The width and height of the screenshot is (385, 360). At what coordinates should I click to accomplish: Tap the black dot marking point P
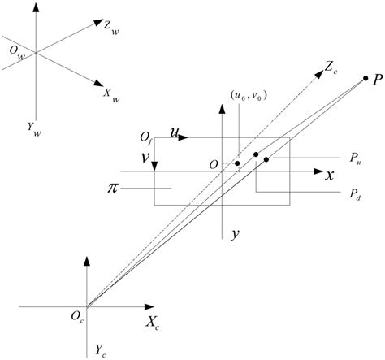click(x=366, y=79)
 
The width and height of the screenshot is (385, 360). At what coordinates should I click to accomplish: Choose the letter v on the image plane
click(x=143, y=160)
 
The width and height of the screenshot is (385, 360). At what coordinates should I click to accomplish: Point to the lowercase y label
click(x=234, y=233)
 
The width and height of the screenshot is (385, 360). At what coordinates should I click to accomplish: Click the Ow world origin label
click(x=16, y=53)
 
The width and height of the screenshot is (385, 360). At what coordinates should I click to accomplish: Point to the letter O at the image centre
click(x=214, y=165)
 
